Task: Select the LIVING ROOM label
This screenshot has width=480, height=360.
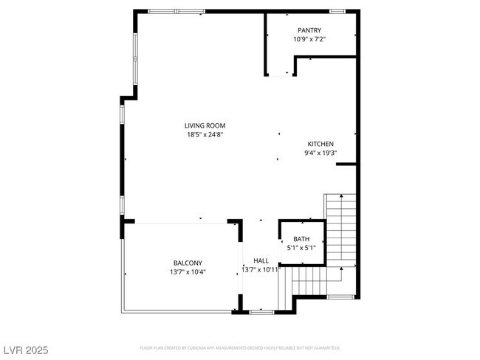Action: point(205,125)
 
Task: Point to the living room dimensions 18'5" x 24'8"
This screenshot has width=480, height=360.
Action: point(205,135)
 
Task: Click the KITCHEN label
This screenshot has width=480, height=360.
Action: point(321,144)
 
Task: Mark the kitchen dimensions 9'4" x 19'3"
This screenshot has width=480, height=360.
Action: point(321,153)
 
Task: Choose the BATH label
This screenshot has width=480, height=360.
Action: point(301,238)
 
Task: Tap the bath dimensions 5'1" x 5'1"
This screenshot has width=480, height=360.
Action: point(301,248)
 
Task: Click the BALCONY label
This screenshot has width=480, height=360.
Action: point(188,263)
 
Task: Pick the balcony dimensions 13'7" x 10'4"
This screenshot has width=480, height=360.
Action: point(188,272)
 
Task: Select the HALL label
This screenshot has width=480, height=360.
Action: point(261,260)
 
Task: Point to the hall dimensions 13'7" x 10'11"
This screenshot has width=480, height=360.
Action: point(261,270)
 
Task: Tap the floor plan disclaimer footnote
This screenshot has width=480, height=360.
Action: point(240,347)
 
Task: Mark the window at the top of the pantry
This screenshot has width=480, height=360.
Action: point(337,11)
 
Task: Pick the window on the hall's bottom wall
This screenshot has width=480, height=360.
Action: point(261,312)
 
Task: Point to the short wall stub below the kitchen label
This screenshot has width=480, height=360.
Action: point(346,164)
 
